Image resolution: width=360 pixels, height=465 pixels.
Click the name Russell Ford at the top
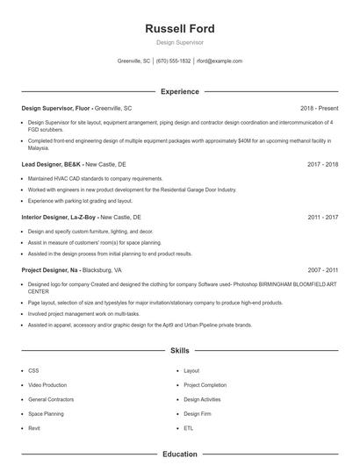(179, 28)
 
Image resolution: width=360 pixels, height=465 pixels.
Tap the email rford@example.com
(220, 61)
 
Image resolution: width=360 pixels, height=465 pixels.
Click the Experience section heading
(179, 91)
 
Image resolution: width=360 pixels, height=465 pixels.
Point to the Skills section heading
(179, 350)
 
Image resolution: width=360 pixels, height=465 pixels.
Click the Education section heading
(179, 454)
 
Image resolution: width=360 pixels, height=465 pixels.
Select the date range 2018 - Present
(318, 108)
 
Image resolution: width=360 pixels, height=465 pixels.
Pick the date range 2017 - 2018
(321, 163)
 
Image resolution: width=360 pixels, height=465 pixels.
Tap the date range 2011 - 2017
(321, 216)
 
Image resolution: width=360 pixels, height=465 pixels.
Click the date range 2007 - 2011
(321, 270)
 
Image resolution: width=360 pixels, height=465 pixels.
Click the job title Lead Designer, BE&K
(51, 163)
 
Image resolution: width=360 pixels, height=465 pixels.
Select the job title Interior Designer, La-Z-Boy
(59, 216)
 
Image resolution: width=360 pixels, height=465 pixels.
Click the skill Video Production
(47, 384)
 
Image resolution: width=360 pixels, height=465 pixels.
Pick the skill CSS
(33, 370)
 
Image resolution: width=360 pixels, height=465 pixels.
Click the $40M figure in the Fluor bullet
(234, 139)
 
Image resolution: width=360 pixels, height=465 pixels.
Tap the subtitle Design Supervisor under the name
(179, 42)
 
